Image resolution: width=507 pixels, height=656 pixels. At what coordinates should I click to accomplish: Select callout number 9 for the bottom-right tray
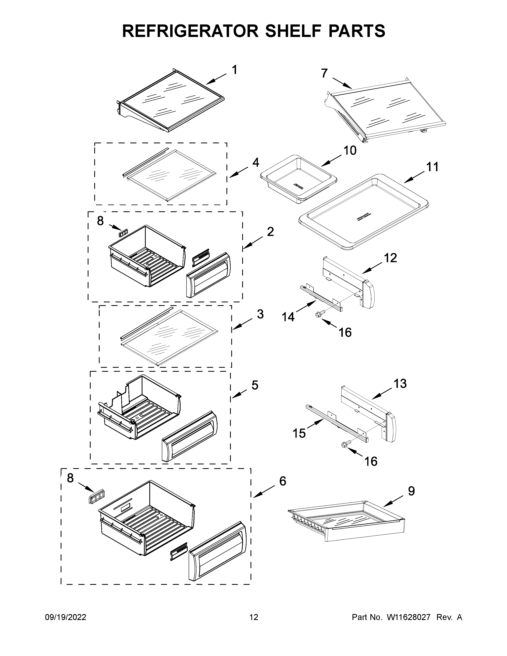pos(411,491)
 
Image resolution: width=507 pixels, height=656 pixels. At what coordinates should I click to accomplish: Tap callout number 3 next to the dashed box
pos(260,314)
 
